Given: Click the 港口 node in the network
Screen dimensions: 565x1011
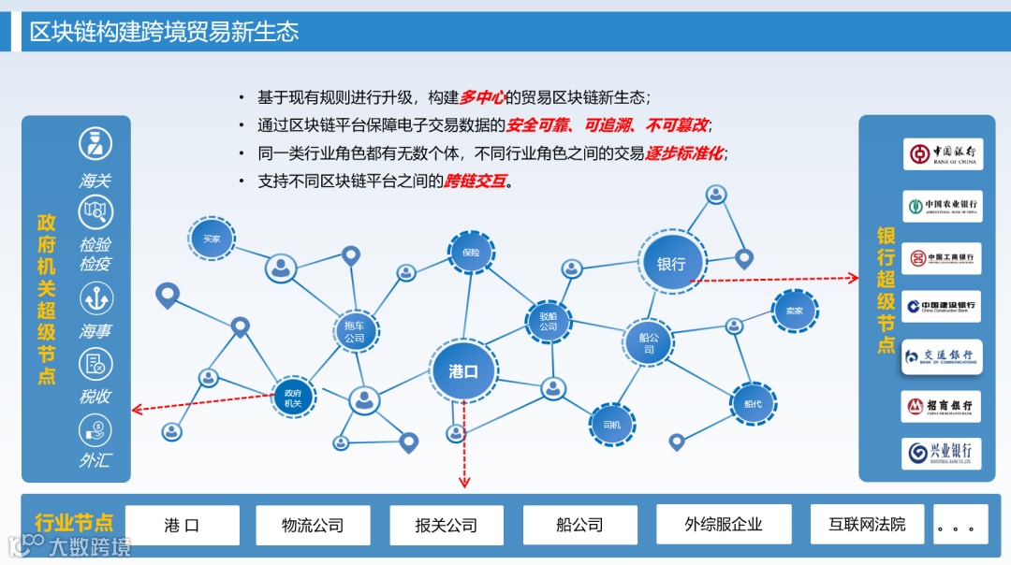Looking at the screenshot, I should [462, 371].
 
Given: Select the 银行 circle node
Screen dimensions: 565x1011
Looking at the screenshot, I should [670, 264].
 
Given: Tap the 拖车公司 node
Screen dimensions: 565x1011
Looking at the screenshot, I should [354, 331].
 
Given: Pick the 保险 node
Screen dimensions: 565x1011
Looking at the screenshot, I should [470, 253].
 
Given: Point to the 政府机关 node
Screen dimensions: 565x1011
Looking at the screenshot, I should [293, 398].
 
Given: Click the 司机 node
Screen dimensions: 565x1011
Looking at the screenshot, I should [611, 426].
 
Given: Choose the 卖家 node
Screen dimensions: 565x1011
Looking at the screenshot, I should [794, 311].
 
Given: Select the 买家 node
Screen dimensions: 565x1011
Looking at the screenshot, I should [212, 239].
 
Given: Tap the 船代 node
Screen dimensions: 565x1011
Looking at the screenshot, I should [753, 404].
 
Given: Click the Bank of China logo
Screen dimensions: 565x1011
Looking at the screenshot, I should [942, 153].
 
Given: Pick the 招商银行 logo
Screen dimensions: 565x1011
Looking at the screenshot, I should [942, 407].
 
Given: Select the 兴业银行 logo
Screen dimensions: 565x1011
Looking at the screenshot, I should [942, 454].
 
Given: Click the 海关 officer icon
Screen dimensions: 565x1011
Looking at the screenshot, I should [95, 143].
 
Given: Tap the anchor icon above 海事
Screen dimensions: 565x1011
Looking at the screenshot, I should [95, 298].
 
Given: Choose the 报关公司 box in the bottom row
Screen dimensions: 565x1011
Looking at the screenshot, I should [446, 525].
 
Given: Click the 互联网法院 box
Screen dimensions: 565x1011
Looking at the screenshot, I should [867, 524].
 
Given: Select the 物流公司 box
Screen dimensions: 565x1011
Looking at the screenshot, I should [313, 525].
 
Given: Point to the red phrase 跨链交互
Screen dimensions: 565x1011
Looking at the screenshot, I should [475, 181].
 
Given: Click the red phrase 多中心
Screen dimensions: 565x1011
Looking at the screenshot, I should [482, 97].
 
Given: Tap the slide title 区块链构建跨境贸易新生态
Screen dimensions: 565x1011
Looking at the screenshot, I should [164, 32].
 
